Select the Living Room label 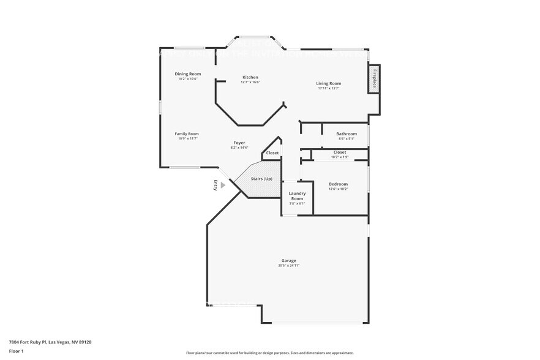(x=328, y=83)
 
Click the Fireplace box (x=374, y=80)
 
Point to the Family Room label (x=187, y=133)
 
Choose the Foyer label (x=239, y=143)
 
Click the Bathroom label (x=347, y=133)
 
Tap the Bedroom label (x=338, y=184)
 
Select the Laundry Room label (x=297, y=196)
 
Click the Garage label (x=288, y=260)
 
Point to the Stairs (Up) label (x=261, y=179)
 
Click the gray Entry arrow (x=223, y=185)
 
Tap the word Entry (x=216, y=185)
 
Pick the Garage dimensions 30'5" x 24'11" (x=288, y=266)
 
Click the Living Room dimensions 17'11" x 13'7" (x=328, y=89)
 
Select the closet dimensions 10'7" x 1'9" (x=340, y=157)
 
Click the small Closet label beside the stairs (x=272, y=152)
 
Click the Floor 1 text (x=16, y=351)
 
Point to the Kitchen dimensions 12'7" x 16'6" (x=250, y=83)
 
